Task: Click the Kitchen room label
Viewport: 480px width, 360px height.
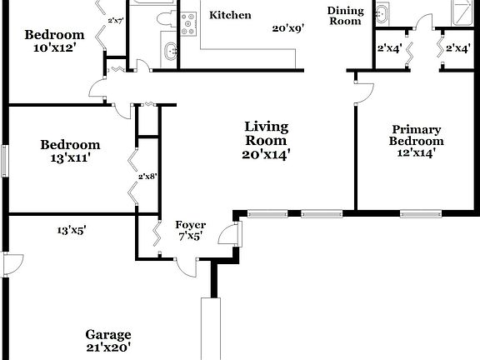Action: tap(230, 15)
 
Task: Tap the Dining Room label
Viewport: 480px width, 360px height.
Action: tap(344, 15)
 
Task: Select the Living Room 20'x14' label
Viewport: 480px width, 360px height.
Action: tap(266, 140)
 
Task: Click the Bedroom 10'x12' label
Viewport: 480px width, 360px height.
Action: tap(54, 42)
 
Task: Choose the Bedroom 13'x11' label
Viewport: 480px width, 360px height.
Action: tap(70, 151)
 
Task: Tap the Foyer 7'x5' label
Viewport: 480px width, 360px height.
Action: tap(190, 230)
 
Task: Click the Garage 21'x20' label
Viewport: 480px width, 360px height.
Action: tap(108, 340)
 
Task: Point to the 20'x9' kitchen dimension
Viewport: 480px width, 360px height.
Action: tap(287, 28)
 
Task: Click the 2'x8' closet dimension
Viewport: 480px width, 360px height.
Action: tap(147, 176)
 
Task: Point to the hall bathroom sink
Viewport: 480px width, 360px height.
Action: tap(171, 51)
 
